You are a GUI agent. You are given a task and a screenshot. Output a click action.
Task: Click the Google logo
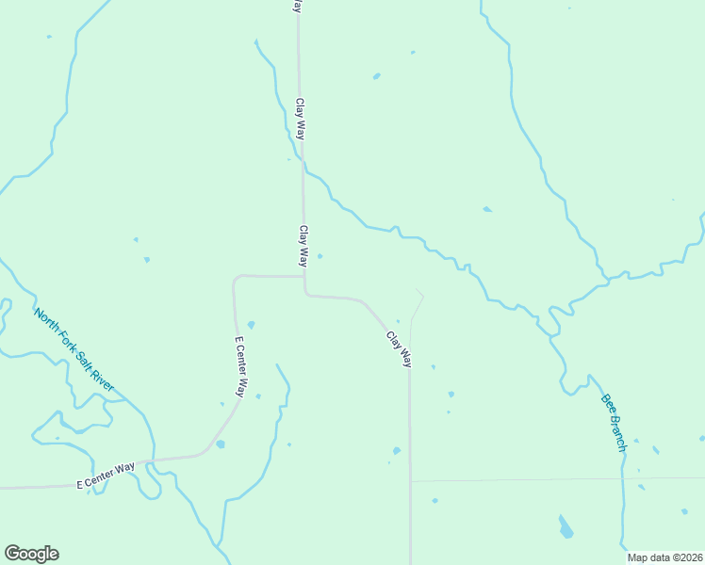pos(31,554)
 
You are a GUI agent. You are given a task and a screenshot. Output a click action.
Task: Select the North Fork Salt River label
pos(74,349)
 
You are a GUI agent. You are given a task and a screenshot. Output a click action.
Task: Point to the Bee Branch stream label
pos(613,422)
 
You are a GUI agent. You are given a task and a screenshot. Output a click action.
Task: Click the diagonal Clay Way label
pos(399,348)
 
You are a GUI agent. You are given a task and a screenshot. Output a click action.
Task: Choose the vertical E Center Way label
pos(240,366)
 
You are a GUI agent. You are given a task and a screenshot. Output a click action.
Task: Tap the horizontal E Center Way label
pos(106,476)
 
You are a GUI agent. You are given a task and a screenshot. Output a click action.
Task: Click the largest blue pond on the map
pos(566,527)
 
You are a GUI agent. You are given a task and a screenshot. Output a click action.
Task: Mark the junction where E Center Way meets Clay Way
pos(303,277)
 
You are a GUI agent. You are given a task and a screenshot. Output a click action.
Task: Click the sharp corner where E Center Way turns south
pos(235,279)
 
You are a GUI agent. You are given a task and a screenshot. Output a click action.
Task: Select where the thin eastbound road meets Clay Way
pos(410,481)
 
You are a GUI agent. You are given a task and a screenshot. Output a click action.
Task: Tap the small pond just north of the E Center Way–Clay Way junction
pos(320,256)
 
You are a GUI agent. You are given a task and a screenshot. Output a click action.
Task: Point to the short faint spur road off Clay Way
pos(417,306)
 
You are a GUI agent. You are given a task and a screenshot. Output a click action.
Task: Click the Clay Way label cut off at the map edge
pos(297,6)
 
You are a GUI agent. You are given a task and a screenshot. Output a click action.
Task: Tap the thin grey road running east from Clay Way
pos(556,479)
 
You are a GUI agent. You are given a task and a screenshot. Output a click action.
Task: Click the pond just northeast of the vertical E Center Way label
pos(251,325)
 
